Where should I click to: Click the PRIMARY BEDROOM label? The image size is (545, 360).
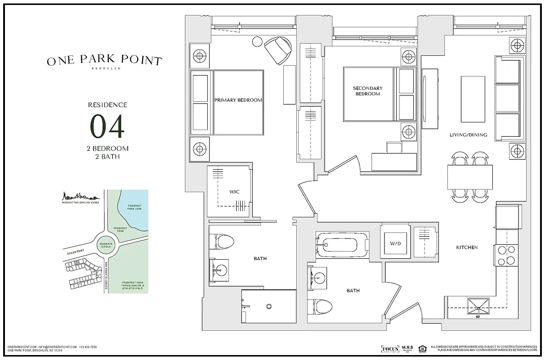(238, 100)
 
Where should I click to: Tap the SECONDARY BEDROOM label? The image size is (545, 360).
(367, 91)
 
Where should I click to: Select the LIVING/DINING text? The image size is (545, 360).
(468, 135)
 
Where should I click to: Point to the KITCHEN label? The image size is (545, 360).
(467, 247)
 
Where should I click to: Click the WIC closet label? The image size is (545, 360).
(234, 192)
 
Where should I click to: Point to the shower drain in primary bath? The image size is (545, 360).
(269, 306)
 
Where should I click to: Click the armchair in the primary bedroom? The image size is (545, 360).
(277, 49)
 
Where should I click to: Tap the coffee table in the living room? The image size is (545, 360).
(473, 99)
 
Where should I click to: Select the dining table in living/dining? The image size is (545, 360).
(470, 177)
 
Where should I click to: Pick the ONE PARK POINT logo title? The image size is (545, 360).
(104, 61)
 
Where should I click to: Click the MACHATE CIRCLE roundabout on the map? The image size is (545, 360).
(105, 243)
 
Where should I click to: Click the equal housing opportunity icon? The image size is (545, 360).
(422, 348)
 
